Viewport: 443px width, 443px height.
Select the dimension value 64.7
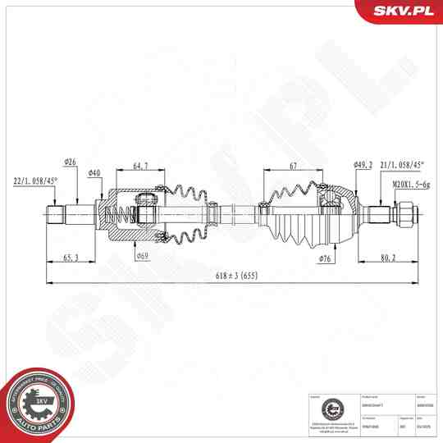point(140,167)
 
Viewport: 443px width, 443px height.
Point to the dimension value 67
point(293,167)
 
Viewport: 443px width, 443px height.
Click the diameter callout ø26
point(70,162)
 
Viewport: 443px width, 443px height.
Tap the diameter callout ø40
point(94,173)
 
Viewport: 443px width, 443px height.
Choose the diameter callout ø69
point(142,257)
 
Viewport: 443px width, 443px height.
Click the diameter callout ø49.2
point(362,165)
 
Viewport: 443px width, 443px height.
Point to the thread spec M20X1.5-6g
point(411,185)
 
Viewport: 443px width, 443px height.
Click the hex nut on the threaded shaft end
point(404,215)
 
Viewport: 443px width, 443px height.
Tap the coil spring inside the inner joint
point(121,215)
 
